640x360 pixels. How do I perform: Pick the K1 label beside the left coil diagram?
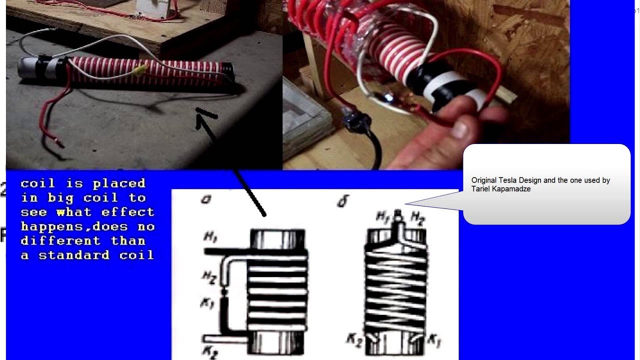pyautogui.click(x=206, y=303)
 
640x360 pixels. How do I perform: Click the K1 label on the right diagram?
pyautogui.click(x=434, y=340)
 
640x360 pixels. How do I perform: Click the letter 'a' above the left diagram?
pyautogui.click(x=205, y=199)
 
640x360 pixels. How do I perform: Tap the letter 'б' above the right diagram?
pyautogui.click(x=343, y=201)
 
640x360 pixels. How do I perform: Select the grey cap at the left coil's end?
pyautogui.click(x=28, y=68)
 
